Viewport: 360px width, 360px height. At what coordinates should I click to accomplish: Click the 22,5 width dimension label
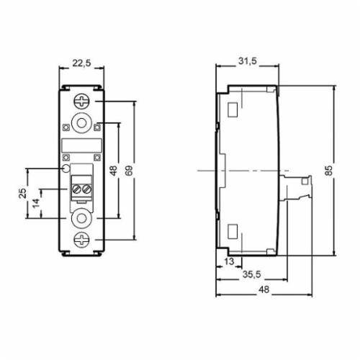click(82, 63)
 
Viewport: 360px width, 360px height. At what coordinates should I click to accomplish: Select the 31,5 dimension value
click(248, 61)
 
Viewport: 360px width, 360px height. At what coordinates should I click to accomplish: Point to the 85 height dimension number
click(329, 170)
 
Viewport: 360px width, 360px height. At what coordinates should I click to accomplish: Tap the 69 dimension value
click(129, 171)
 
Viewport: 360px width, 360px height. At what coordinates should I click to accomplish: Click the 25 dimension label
click(22, 193)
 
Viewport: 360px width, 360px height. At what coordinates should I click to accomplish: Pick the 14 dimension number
click(36, 203)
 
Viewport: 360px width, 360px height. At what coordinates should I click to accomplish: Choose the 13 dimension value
click(229, 261)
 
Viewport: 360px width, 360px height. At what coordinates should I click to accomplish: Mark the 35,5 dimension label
click(251, 274)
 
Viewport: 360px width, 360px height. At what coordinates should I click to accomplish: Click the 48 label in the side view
click(264, 289)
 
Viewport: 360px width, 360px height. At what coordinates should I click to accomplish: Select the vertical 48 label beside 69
click(114, 171)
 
